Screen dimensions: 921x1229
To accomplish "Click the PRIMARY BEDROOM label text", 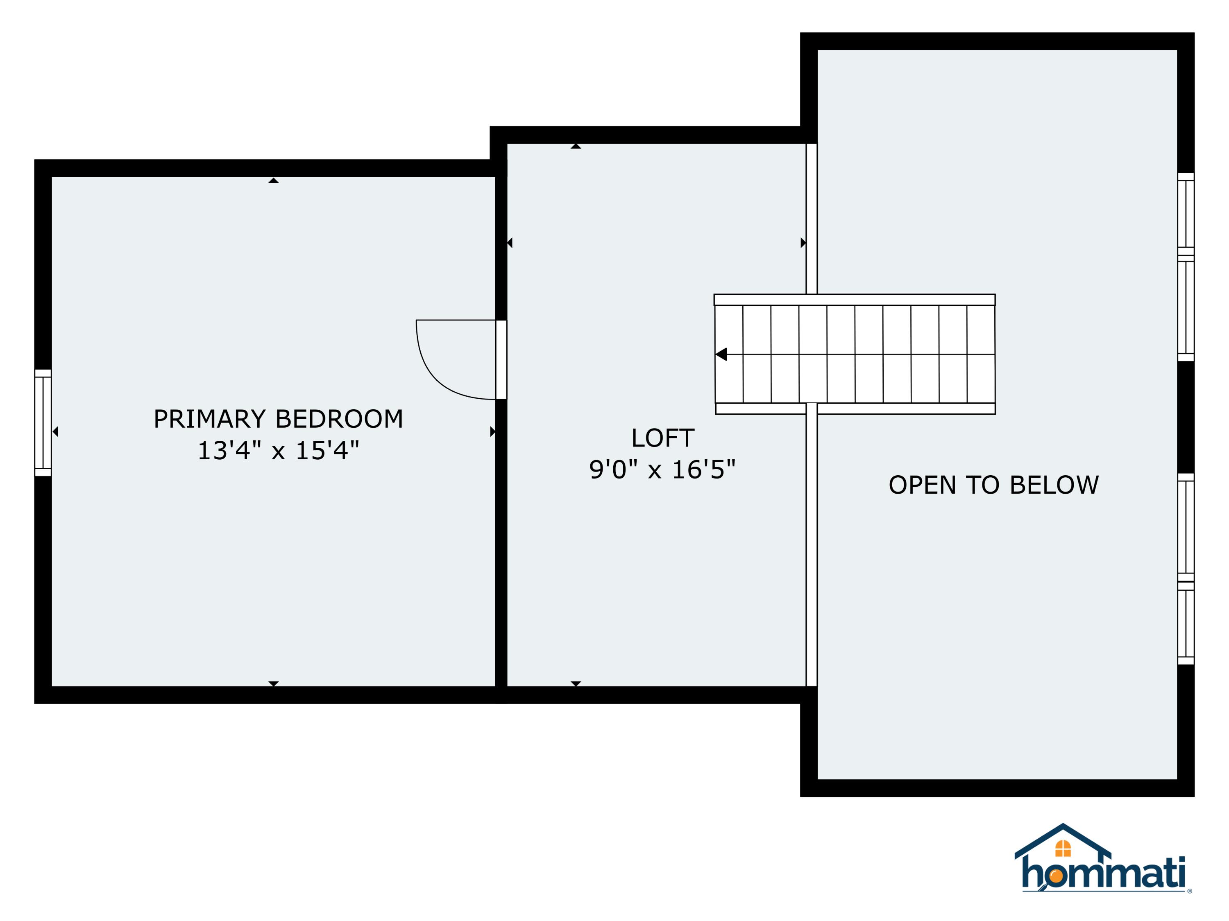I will click(278, 419).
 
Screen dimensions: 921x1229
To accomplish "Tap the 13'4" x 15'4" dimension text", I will click(278, 451).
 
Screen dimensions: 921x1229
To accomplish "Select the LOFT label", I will click(662, 438).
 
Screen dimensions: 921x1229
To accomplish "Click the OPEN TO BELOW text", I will click(993, 485).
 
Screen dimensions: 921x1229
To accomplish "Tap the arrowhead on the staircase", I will click(721, 354).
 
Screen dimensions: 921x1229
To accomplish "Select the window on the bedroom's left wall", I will click(43, 423).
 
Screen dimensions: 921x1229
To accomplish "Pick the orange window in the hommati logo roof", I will click(1062, 848).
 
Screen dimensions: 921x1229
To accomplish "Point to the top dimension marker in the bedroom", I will click(273, 181).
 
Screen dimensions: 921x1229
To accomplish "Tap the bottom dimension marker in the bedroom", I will click(273, 684).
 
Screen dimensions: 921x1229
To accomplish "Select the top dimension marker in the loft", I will click(576, 147).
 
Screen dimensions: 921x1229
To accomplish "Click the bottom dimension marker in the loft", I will click(576, 684).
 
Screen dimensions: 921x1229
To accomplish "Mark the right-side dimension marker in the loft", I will click(803, 243).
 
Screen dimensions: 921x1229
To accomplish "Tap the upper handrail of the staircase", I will click(854, 300).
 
